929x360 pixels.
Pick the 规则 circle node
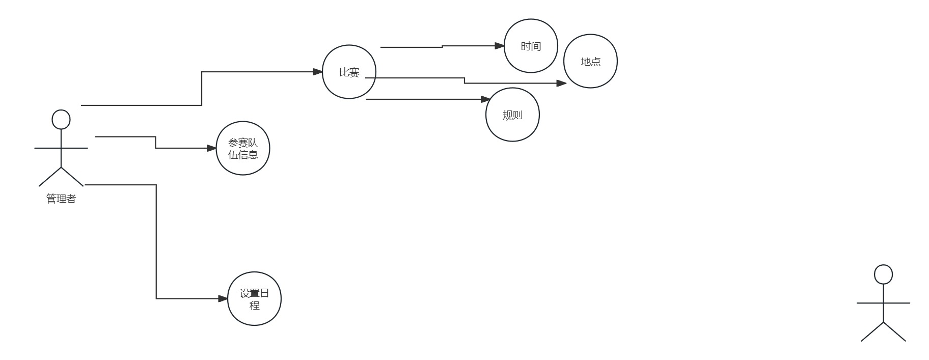click(x=512, y=127)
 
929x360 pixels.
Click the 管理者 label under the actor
click(x=61, y=199)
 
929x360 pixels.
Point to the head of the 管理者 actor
click(x=61, y=120)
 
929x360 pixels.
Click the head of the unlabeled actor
click(x=883, y=274)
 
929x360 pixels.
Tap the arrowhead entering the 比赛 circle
click(x=318, y=72)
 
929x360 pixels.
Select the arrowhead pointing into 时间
click(x=500, y=46)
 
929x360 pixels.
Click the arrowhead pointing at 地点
click(x=561, y=83)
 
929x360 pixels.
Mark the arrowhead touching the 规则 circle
click(x=486, y=99)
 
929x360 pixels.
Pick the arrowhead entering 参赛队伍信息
click(x=211, y=148)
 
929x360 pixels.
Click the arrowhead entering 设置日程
click(x=223, y=299)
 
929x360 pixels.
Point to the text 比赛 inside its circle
click(x=349, y=73)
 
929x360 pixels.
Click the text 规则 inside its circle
click(x=512, y=115)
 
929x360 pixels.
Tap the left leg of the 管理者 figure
click(x=50, y=177)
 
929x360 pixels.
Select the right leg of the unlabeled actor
click(x=895, y=332)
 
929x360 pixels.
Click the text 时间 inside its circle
click(x=531, y=46)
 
